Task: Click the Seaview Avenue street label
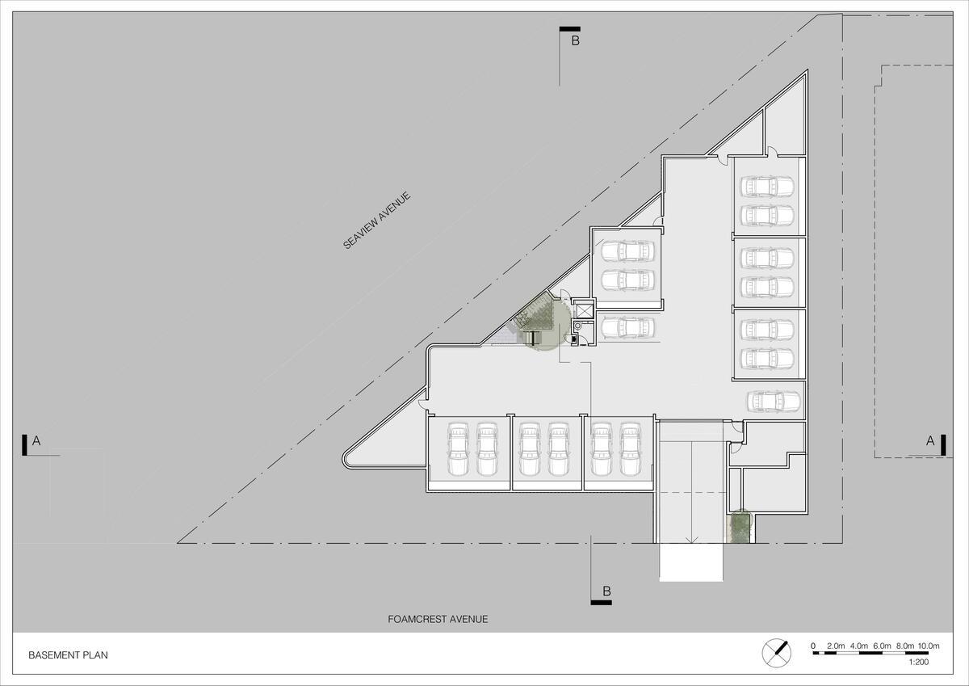(376, 221)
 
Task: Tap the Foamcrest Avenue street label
(438, 620)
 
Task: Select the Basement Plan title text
(68, 655)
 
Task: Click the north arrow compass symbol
(777, 653)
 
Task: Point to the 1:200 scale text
(918, 662)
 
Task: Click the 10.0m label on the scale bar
(929, 646)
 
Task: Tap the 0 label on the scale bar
(813, 646)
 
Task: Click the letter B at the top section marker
(575, 40)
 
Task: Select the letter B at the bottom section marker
(607, 591)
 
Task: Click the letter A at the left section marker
(36, 441)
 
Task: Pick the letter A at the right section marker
(930, 441)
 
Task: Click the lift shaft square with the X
(584, 310)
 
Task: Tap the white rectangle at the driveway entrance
(691, 562)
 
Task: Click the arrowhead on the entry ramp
(692, 540)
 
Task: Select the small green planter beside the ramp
(740, 527)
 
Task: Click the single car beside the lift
(627, 327)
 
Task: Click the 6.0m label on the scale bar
(882, 646)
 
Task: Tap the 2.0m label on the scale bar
(836, 646)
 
